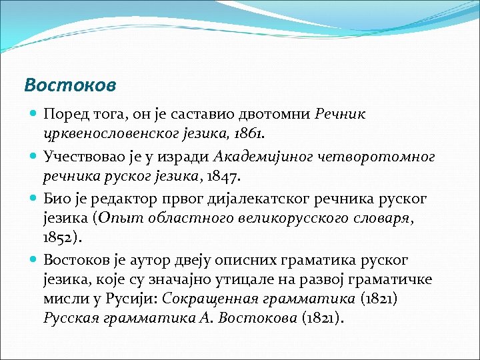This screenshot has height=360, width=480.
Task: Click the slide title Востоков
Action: pyautogui.click(x=70, y=85)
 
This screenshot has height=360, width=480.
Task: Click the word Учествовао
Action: pyautogui.click(x=84, y=157)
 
